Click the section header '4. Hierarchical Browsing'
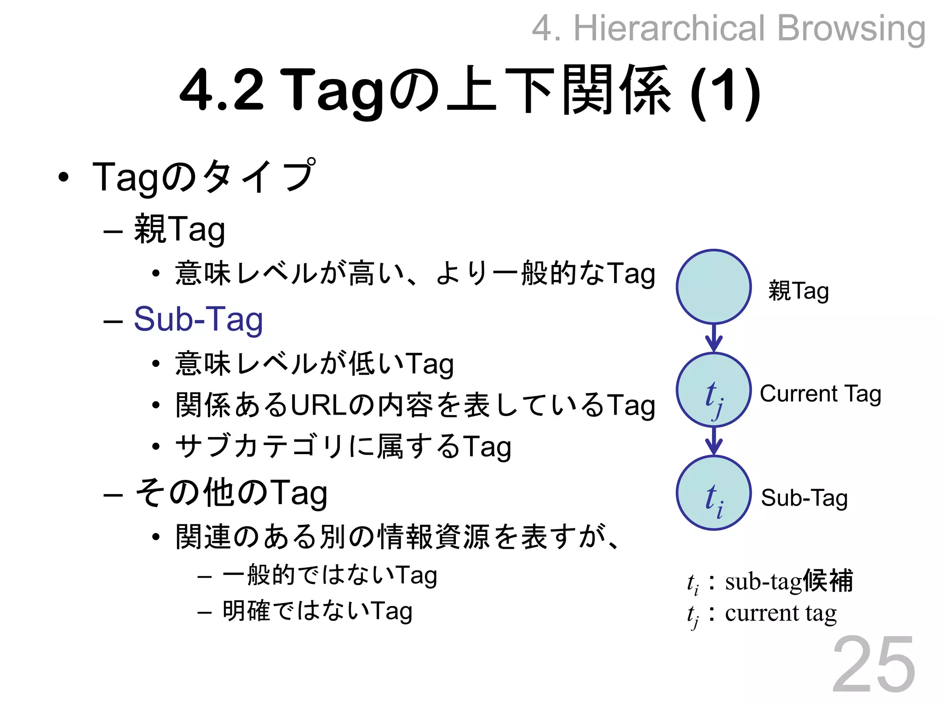(x=729, y=28)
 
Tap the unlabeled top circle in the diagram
(x=713, y=287)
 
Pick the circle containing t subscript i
(x=713, y=493)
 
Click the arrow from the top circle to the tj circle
(x=713, y=338)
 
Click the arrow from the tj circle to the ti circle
(x=713, y=441)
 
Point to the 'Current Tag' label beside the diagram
(x=820, y=394)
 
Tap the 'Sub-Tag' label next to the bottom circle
(x=804, y=498)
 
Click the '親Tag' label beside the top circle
(x=798, y=291)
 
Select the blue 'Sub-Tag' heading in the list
(x=198, y=319)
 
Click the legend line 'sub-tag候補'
(x=788, y=581)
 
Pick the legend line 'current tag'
(x=781, y=613)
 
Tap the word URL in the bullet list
(x=318, y=405)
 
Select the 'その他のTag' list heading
(x=231, y=493)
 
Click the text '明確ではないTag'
(x=317, y=611)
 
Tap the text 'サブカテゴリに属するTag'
(x=343, y=446)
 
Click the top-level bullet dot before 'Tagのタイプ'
(x=63, y=177)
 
